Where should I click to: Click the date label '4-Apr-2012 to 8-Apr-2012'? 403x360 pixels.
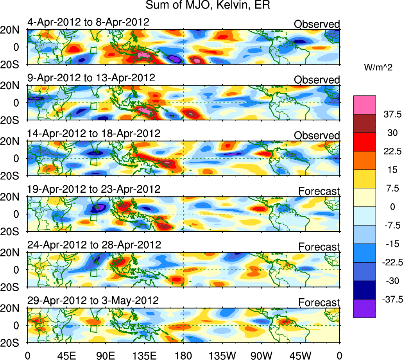[x=88, y=22]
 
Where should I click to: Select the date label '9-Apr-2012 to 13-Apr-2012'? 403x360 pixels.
[x=91, y=77]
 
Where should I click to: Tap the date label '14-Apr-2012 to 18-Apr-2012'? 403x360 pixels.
[x=94, y=133]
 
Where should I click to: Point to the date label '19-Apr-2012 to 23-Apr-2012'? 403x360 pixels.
[x=94, y=189]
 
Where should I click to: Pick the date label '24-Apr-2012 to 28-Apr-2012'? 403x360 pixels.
[x=94, y=245]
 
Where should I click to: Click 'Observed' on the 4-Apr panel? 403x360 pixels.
[x=317, y=24]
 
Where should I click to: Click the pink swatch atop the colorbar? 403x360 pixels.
[x=364, y=104]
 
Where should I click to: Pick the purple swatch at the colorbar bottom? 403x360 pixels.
[x=364, y=308]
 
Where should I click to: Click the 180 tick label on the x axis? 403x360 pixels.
[x=183, y=355]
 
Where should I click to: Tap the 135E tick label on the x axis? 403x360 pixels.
[x=144, y=355]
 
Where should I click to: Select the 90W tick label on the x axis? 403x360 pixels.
[x=262, y=355]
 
